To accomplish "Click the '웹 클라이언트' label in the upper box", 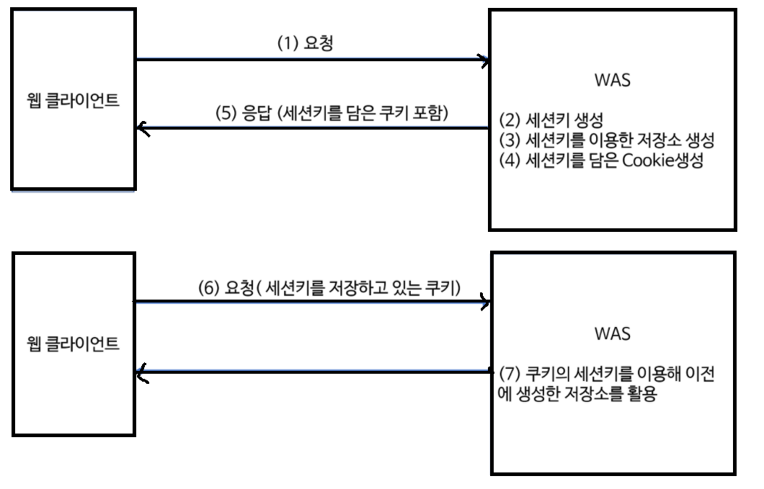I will click(x=72, y=99).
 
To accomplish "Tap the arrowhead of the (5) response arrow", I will click(x=141, y=129).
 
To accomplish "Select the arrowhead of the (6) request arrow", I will click(x=486, y=303).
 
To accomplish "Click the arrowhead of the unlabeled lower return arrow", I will click(x=141, y=372).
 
